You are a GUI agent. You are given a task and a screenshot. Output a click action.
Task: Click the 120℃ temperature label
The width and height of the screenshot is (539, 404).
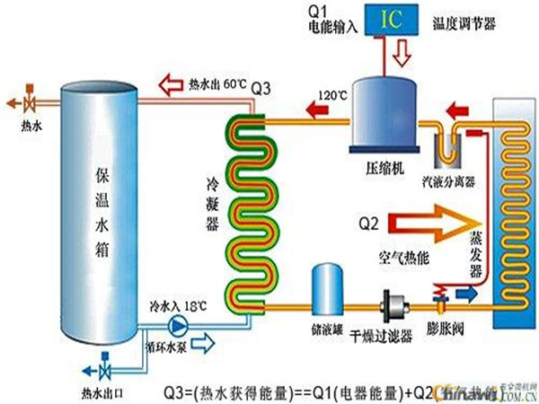point(333,92)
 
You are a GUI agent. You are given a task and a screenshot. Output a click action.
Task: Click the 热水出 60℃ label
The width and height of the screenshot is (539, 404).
point(216,85)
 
